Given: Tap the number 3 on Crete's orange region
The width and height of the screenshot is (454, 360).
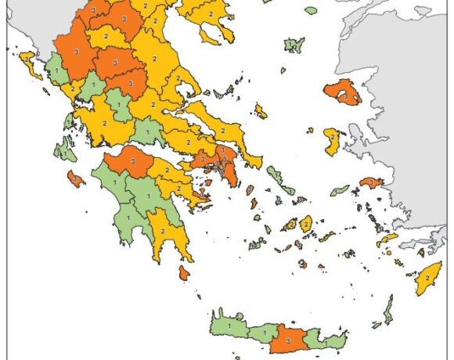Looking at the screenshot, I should (288, 341).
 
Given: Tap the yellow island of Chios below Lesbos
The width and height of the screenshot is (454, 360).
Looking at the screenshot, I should (332, 141).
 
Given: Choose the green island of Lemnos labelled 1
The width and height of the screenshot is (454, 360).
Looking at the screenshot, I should (294, 45).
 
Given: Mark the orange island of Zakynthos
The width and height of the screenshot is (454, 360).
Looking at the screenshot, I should (75, 178).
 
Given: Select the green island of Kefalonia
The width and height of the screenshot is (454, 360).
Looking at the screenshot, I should (64, 149).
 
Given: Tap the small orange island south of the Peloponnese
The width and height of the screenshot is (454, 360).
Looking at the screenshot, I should (183, 272).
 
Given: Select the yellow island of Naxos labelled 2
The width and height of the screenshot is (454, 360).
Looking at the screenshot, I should (306, 224).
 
